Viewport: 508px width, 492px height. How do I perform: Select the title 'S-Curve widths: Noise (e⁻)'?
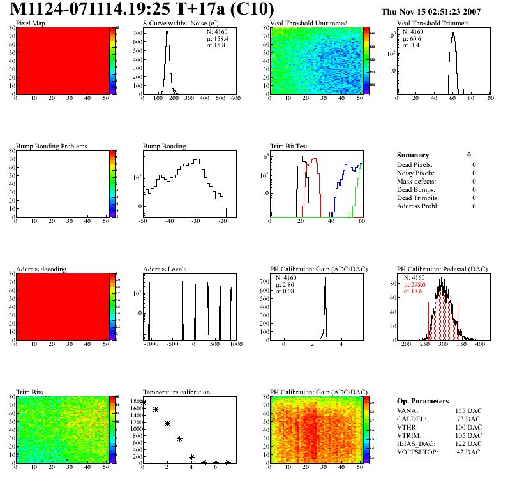click(x=183, y=24)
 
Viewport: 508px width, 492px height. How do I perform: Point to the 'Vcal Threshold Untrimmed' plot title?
click(x=309, y=24)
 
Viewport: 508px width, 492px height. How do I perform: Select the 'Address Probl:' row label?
click(x=417, y=206)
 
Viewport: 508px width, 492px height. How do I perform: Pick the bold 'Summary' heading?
click(x=413, y=155)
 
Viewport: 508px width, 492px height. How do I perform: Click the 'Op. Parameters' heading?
click(x=422, y=401)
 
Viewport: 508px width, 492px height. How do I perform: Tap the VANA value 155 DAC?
click(x=468, y=411)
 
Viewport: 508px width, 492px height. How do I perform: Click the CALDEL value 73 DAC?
click(x=470, y=419)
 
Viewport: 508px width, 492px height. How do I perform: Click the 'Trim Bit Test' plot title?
click(x=289, y=147)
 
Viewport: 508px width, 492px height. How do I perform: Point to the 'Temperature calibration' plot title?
click(x=176, y=393)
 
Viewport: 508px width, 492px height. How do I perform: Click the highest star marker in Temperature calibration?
click(x=143, y=403)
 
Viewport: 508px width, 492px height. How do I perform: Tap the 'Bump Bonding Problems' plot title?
click(x=52, y=147)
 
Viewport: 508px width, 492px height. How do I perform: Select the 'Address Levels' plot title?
click(x=165, y=270)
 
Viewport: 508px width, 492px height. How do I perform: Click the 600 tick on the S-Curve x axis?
click(x=235, y=98)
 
